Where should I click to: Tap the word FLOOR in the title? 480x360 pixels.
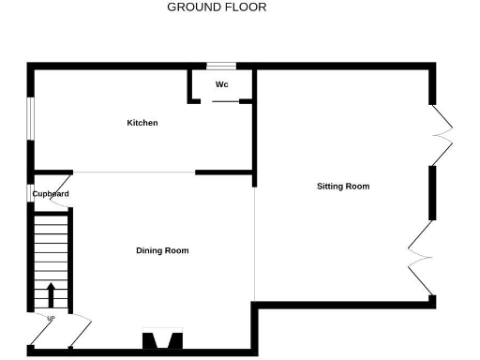click(247, 7)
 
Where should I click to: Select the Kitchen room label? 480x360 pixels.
click(142, 123)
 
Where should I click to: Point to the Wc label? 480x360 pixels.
click(222, 85)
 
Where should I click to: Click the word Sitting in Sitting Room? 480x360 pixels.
click(330, 187)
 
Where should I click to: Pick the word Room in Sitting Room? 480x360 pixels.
click(358, 187)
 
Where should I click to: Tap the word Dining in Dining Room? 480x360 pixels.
click(150, 250)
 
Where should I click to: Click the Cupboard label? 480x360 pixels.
click(51, 194)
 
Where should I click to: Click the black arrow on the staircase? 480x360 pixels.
click(51, 294)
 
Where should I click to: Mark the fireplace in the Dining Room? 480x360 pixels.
click(161, 340)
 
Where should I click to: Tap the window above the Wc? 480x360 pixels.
click(221, 66)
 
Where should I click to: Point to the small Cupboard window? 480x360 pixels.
click(29, 194)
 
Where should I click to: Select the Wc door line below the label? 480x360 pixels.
click(224, 100)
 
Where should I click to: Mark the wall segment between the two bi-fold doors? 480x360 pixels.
click(432, 194)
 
